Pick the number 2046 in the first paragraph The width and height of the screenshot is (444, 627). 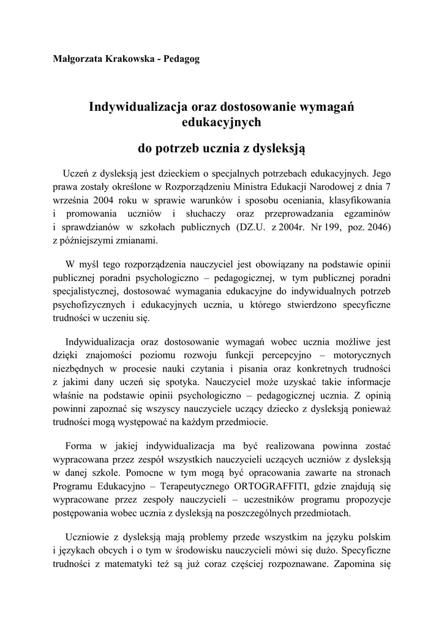pos(376,227)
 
